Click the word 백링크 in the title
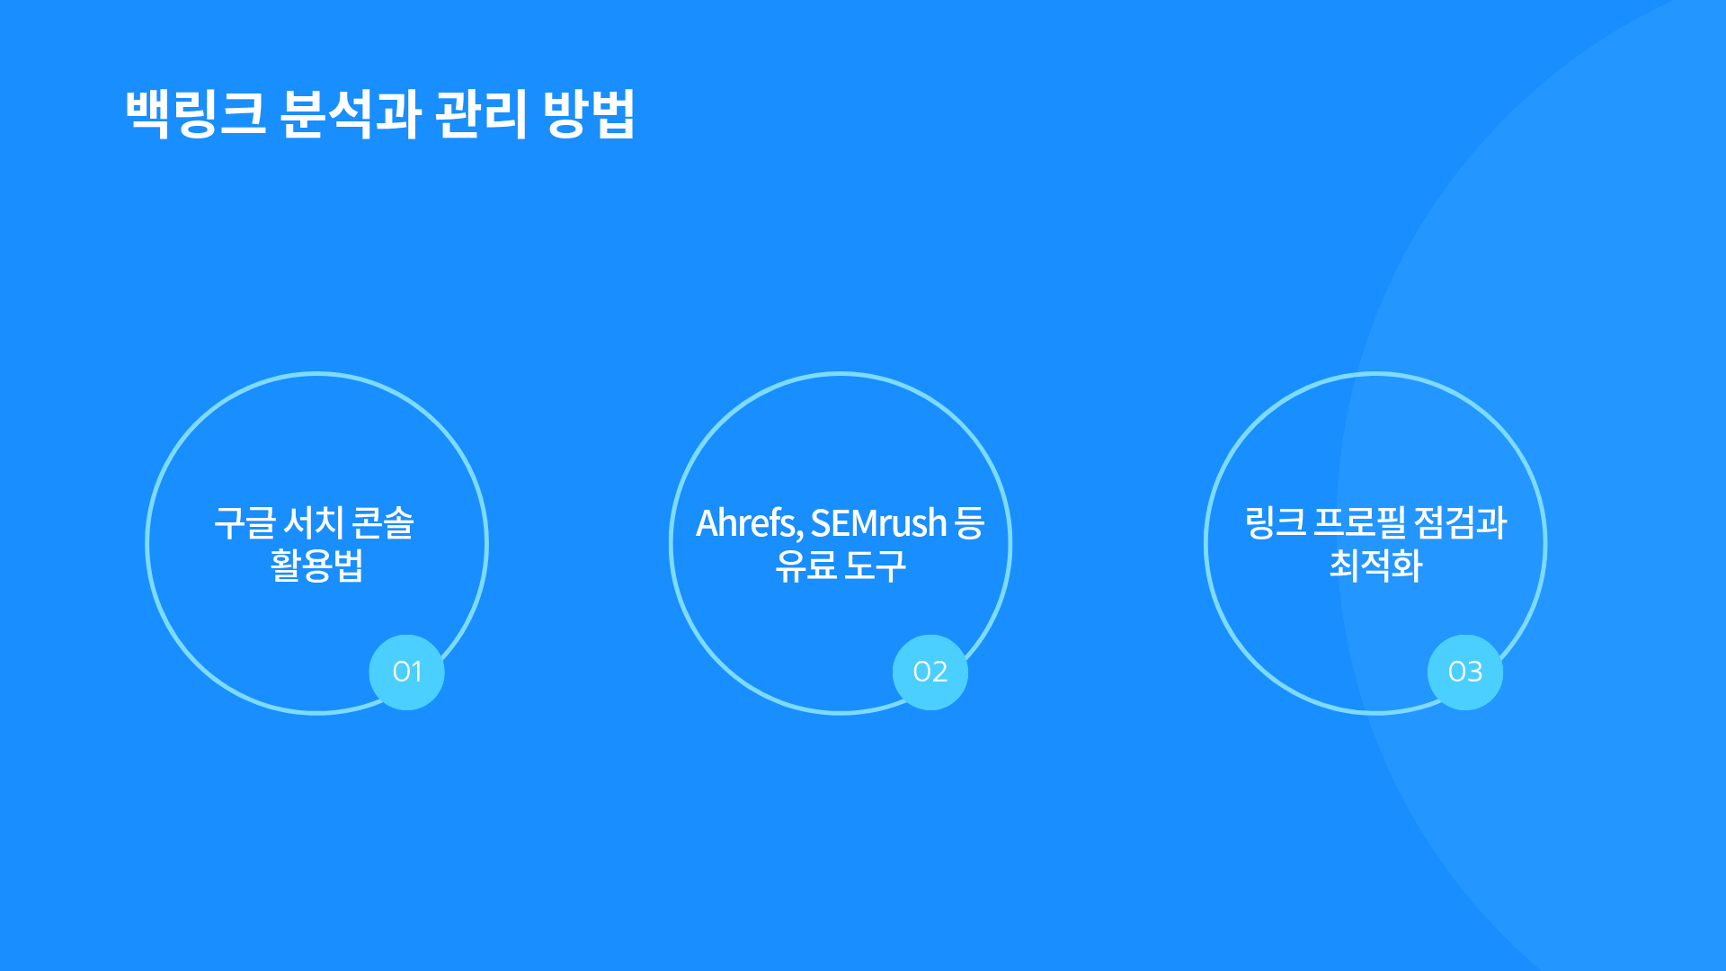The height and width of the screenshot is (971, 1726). pos(196,114)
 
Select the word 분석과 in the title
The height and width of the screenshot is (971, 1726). pos(351,114)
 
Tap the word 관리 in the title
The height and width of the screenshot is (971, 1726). pos(481,114)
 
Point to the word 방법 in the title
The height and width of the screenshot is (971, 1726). pos(590,114)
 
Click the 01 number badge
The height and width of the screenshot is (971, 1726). pos(407,672)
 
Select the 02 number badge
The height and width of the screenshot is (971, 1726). pos(930,672)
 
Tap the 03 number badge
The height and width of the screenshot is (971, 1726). pos(1465,672)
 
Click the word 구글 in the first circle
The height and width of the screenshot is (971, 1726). pos(245,522)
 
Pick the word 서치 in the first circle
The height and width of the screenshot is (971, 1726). pos(314,522)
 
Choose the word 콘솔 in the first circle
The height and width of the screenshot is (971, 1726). pos(383,522)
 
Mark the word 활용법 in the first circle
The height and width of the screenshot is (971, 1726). pos(316,566)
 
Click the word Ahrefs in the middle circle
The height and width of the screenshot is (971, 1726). pos(749,523)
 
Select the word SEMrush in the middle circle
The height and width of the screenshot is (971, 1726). pos(879,523)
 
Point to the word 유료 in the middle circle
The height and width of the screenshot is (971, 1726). pos(805,566)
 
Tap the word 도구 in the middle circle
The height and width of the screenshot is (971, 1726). pos(876,566)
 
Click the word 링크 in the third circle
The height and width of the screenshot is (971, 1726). pos(1276,522)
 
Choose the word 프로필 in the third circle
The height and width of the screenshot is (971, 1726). pos(1359,522)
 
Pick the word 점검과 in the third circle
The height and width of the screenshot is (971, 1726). pos(1460,522)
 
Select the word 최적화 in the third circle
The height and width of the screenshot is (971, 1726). pos(1376,566)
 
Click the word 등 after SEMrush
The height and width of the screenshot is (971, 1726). pos(970,522)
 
